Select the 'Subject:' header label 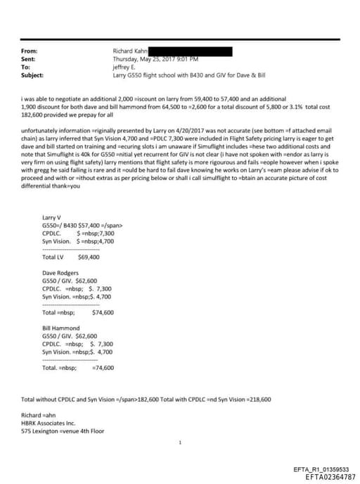(32, 75)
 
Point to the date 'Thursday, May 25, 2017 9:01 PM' (157, 59)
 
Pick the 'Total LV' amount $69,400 (89, 257)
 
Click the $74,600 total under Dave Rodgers (103, 312)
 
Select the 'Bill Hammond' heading (60, 328)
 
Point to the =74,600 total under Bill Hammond (103, 367)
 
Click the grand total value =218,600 (257, 399)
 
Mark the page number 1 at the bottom (180, 443)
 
